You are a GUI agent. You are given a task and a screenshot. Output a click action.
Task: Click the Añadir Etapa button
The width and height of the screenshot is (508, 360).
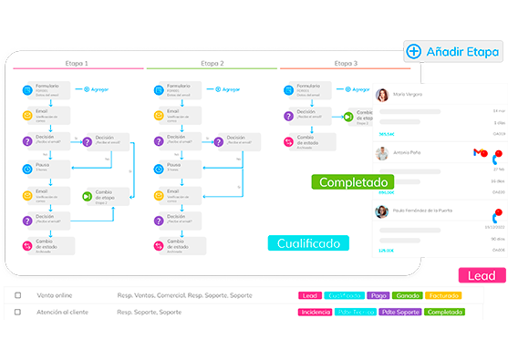tap(454, 52)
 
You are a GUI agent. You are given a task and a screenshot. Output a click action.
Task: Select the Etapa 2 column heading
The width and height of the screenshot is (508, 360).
tap(211, 64)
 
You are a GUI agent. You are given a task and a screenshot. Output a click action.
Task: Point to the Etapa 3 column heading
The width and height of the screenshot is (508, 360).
tap(346, 64)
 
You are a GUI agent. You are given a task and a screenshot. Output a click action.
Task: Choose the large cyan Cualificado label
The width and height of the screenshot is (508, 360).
tap(309, 243)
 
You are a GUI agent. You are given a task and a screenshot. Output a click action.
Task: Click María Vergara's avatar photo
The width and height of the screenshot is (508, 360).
tap(383, 95)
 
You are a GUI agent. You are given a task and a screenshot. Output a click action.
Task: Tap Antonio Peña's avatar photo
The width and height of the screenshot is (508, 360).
tap(383, 153)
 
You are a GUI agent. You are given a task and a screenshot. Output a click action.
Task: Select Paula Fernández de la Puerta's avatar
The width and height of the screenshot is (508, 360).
tap(383, 211)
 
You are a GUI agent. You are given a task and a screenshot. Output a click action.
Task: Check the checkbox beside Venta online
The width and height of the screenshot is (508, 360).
tap(17, 296)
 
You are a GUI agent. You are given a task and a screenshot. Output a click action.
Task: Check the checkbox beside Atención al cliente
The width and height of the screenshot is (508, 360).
tap(17, 312)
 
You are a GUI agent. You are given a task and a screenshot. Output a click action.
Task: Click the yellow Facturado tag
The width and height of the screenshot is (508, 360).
tap(443, 296)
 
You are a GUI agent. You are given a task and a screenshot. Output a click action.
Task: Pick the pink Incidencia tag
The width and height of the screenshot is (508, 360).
tap(316, 312)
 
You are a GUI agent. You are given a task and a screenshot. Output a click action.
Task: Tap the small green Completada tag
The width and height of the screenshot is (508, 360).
tap(444, 312)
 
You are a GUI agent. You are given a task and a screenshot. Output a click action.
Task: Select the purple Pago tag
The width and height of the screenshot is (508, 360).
tap(378, 296)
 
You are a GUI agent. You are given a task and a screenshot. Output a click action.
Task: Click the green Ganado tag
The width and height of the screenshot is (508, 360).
tap(409, 296)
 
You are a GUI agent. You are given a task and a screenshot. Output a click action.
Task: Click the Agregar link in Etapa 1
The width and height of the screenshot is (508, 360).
tap(98, 89)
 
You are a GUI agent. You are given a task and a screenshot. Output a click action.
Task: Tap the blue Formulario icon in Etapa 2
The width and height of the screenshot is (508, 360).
tap(161, 90)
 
